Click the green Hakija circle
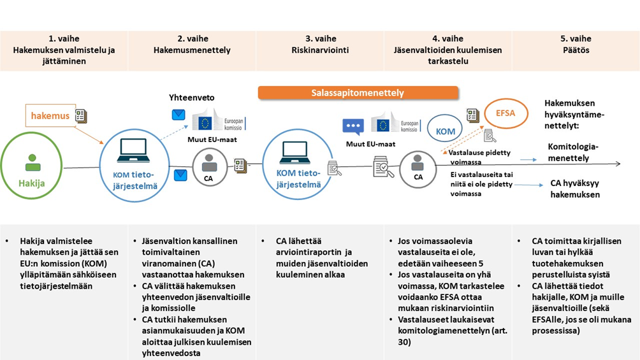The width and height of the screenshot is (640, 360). coord(33,168)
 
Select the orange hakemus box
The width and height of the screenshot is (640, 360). coord(50,116)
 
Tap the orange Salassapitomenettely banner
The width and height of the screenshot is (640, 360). coord(358,93)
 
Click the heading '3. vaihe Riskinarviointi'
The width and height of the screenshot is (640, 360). coord(320,44)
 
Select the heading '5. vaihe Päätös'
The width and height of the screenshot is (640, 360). coord(575,44)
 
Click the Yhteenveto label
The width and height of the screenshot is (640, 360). coord(191,97)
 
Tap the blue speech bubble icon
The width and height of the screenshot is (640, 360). coord(353,126)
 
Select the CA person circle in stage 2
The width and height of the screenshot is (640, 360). coord(209,168)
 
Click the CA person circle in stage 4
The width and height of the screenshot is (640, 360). coord(418,168)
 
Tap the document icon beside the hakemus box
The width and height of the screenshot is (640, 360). coord(81,115)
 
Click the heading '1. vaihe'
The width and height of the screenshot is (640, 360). coord(64,38)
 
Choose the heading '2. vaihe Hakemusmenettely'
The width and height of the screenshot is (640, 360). coord(192,44)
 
